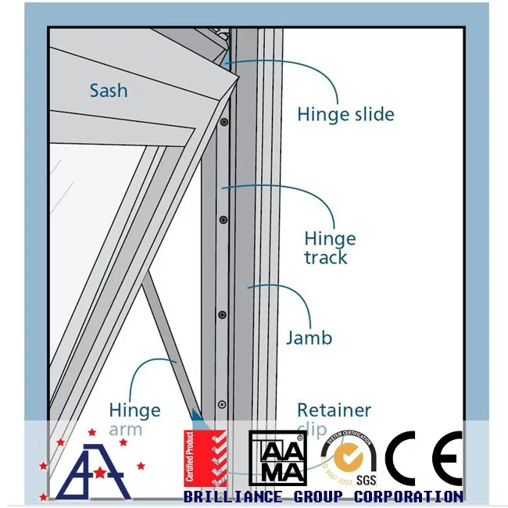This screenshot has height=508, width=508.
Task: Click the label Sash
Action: point(108,90)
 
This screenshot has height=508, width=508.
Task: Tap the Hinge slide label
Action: point(345,114)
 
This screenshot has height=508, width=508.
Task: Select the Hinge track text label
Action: point(329,248)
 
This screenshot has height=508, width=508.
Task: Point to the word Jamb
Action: point(309,338)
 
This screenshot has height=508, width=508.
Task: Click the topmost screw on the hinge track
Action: point(224,123)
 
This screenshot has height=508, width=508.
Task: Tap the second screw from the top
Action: point(224,220)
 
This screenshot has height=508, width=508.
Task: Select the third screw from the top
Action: point(223,314)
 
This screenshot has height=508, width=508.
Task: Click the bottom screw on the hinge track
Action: point(222,404)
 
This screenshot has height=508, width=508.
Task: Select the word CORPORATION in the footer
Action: point(408,496)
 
